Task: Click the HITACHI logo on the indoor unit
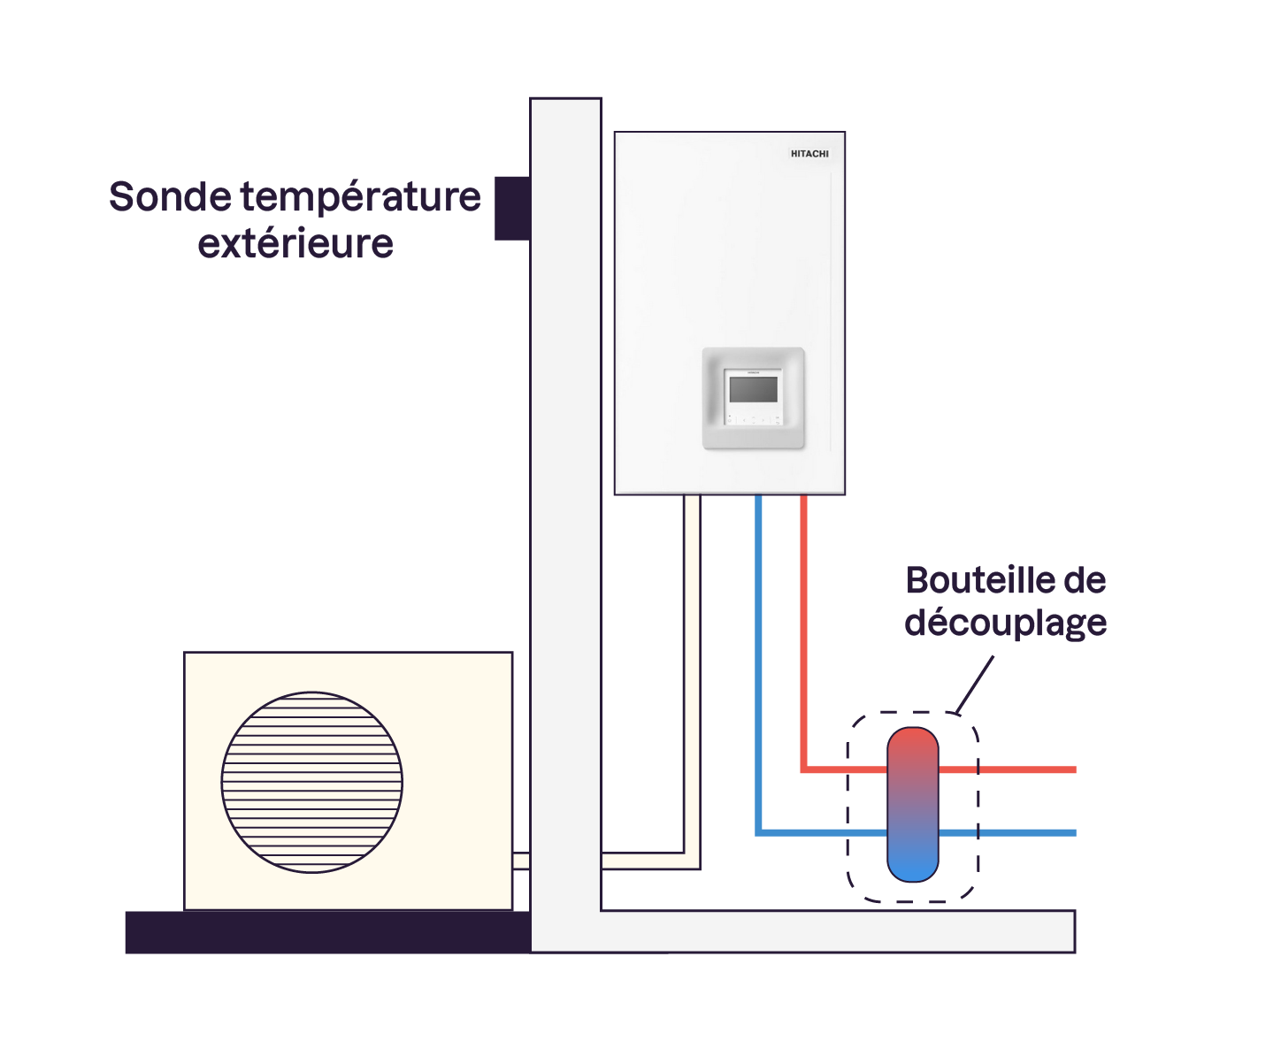pos(809,154)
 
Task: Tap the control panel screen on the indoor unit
pos(754,389)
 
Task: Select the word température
pos(361,198)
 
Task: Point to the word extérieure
pos(295,244)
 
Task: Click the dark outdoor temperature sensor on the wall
pos(512,208)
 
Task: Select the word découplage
pos(1005,623)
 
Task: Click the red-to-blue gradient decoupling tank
pos(912,805)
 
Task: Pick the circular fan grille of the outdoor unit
pos(312,783)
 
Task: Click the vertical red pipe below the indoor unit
pos(804,619)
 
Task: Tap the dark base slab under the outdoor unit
pos(327,932)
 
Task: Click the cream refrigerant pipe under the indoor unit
pos(692,672)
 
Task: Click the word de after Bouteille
pos(1085,581)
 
